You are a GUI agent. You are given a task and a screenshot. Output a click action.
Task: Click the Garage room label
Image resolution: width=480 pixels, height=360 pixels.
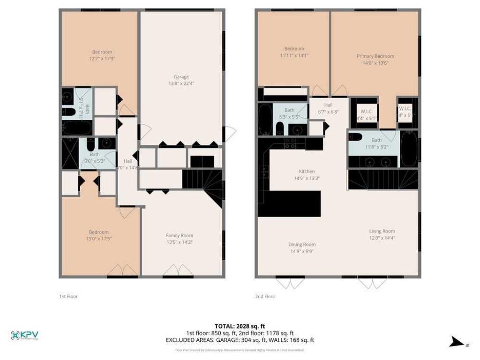pyautogui.click(x=181, y=77)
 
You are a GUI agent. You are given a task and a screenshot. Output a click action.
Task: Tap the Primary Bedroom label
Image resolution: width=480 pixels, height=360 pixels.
pyautogui.click(x=375, y=56)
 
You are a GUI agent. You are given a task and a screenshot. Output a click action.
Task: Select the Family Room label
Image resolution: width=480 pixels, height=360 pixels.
pyautogui.click(x=179, y=235)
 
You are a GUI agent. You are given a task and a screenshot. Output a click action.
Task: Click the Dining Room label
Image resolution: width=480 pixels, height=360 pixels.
pyautogui.click(x=301, y=244)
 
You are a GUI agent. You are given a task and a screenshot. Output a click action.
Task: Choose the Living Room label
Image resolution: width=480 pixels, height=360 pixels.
pyautogui.click(x=382, y=231)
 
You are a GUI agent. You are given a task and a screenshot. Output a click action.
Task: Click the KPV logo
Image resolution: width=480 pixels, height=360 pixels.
pyautogui.click(x=24, y=335)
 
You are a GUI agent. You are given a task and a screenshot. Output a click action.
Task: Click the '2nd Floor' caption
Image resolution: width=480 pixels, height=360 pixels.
pyautogui.click(x=265, y=296)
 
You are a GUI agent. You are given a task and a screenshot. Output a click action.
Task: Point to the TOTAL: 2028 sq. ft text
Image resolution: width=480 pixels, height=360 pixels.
pyautogui.click(x=240, y=326)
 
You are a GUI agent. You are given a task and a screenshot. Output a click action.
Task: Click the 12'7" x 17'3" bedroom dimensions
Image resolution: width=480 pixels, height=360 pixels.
pyautogui.click(x=102, y=58)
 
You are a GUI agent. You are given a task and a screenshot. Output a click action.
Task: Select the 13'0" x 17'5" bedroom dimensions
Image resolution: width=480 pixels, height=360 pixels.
pyautogui.click(x=99, y=239)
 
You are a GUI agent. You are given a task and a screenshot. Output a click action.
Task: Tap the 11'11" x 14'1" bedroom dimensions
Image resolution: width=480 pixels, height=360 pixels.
pyautogui.click(x=294, y=55)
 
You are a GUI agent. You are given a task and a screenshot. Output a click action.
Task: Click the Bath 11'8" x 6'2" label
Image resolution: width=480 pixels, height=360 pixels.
pyautogui.click(x=376, y=143)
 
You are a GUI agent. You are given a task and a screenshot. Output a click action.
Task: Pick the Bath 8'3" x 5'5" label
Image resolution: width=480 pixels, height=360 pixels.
pyautogui.click(x=289, y=113)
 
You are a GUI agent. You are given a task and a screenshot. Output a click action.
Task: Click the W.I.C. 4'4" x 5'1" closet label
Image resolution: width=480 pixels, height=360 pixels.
pyautogui.click(x=366, y=115)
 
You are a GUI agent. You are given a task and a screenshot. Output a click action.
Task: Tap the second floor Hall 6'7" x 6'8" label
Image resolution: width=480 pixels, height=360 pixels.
pyautogui.click(x=328, y=108)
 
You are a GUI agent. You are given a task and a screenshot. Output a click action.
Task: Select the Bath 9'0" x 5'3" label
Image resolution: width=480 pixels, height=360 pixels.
pyautogui.click(x=95, y=157)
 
